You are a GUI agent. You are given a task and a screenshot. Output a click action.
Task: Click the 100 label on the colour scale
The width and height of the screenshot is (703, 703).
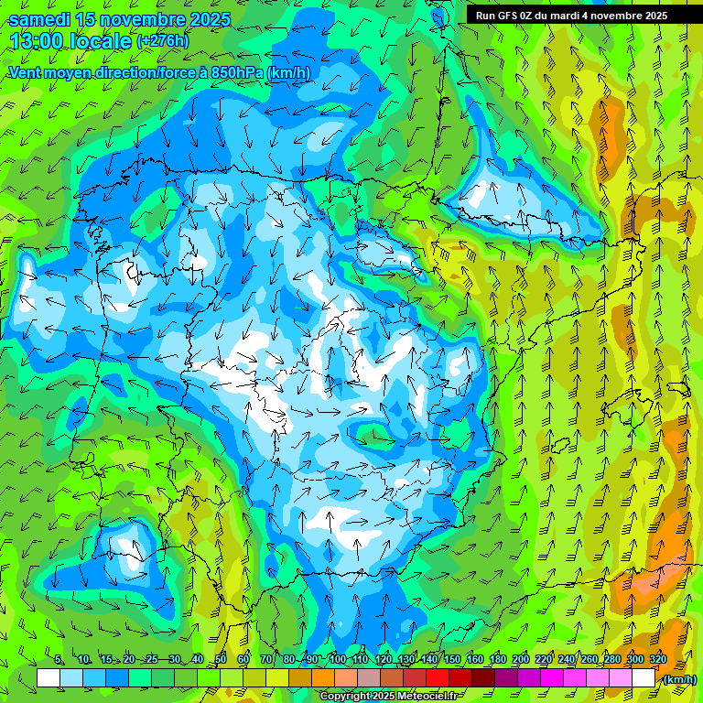tap(337, 659)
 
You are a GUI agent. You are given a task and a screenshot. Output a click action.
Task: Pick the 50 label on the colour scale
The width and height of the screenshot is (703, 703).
tap(221, 659)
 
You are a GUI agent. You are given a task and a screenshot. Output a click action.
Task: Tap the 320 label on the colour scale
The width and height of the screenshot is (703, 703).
tap(658, 659)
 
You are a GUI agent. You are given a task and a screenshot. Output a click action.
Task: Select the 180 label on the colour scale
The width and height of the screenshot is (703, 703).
tap(497, 659)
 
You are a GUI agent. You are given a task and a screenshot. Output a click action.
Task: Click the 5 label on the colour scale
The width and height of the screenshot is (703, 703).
tap(59, 659)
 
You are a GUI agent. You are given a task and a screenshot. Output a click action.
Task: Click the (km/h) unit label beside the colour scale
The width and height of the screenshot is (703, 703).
tap(678, 678)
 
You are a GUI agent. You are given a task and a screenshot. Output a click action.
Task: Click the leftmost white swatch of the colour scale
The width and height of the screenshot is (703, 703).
tap(49, 678)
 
